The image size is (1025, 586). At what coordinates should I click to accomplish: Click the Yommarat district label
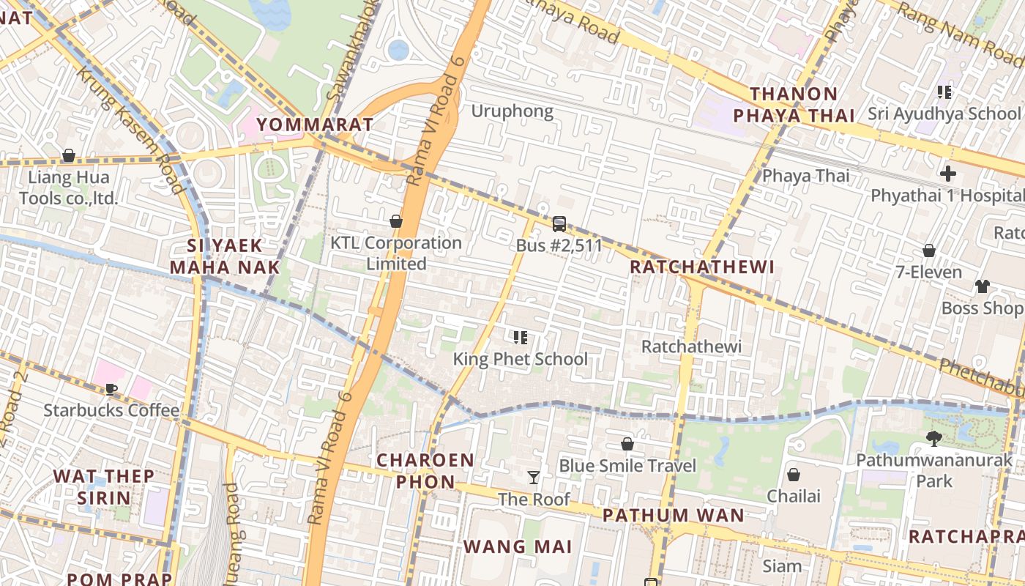click(315, 124)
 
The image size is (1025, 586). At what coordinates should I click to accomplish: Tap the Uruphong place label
click(512, 111)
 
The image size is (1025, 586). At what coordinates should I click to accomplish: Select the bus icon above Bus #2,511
click(559, 224)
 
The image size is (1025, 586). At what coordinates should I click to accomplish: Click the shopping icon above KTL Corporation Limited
click(396, 221)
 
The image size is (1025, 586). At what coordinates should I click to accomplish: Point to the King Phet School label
click(520, 359)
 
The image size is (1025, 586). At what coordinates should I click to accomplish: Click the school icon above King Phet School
click(520, 338)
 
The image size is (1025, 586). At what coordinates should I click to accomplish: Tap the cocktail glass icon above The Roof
click(534, 478)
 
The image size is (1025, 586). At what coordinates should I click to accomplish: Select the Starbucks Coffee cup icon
click(111, 389)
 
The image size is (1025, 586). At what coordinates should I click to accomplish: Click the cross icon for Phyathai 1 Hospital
click(948, 174)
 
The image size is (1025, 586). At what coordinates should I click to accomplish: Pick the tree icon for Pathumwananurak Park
click(933, 439)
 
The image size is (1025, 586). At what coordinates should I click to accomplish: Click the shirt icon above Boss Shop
click(982, 286)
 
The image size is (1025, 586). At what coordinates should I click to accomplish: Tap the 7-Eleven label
click(928, 272)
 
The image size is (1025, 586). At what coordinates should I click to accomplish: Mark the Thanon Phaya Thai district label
click(794, 105)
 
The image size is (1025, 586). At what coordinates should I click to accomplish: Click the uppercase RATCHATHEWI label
click(702, 267)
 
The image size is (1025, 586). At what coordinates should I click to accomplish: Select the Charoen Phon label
click(425, 471)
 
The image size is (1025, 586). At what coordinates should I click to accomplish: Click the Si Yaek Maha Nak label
click(225, 256)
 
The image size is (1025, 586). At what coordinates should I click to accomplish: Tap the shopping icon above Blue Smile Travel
click(627, 444)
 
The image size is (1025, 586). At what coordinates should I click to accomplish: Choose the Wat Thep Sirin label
click(103, 487)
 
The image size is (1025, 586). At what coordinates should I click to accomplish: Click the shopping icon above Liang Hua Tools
click(69, 155)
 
